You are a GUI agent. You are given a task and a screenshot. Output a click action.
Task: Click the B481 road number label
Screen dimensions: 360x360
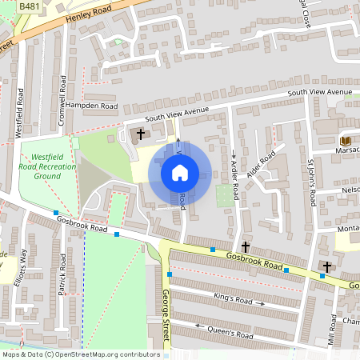(x=28, y=6)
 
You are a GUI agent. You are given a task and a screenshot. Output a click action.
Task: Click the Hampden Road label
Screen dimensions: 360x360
(x=91, y=106)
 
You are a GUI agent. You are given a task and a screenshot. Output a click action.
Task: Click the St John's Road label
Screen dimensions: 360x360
(x=311, y=180)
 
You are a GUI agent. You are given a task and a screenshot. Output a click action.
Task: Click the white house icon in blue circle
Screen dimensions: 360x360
(x=180, y=172)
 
